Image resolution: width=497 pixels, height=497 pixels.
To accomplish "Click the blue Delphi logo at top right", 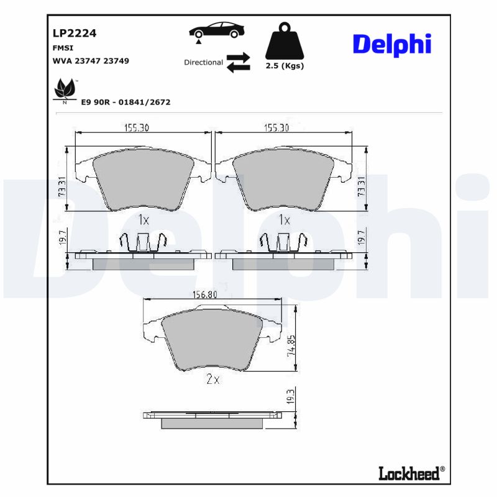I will click(391, 44).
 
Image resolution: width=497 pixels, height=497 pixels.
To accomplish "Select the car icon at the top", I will click(217, 31).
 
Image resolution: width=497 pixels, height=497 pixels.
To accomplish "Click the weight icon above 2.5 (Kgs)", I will click(285, 41).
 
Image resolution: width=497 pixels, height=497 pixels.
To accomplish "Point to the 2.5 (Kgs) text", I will click(285, 66).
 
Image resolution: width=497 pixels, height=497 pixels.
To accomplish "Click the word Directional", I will click(203, 63).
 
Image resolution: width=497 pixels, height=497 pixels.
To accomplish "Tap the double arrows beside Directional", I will click(238, 63).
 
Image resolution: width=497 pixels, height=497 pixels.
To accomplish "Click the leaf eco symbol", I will click(65, 89).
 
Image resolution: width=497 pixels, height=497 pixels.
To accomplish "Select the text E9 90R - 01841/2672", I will click(125, 102).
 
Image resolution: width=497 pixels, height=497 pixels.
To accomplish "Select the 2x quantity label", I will click(212, 380).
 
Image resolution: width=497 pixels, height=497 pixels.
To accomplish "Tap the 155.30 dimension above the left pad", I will click(136, 127).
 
